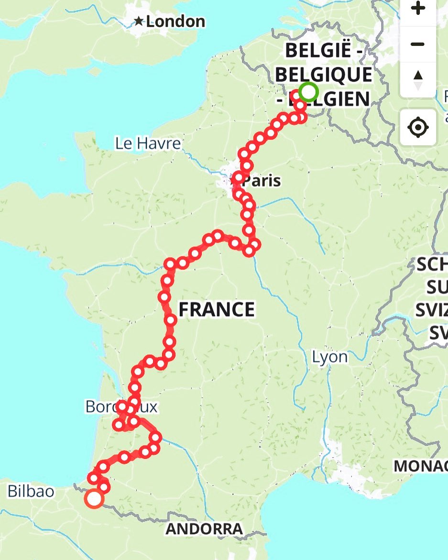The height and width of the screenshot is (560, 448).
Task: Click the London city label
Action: point(175,22)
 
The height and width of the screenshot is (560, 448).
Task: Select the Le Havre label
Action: point(148,143)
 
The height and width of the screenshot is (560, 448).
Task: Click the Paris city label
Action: point(261,181)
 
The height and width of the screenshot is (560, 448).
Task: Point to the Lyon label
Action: point(330,357)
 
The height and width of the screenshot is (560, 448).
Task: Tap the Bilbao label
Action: point(31,491)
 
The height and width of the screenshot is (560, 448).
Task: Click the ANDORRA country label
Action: point(204,529)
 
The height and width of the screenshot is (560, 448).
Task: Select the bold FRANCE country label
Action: point(217,310)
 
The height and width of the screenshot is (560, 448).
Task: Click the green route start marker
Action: point(309,91)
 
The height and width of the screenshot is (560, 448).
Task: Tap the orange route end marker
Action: point(94,499)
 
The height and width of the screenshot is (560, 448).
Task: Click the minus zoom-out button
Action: point(417,44)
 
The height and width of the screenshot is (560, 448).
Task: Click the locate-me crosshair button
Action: point(417,127)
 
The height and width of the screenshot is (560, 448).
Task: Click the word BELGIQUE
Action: point(324,75)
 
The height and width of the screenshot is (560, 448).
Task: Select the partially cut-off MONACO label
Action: point(420,465)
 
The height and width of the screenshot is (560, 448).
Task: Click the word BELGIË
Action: point(323,51)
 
